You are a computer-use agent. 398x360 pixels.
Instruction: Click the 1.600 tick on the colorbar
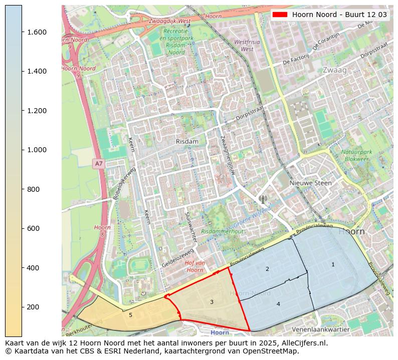pyautogui.click(x=22, y=32)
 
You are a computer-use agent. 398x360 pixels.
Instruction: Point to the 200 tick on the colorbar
pyautogui.click(x=22, y=307)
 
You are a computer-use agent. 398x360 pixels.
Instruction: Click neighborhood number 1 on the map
pyautogui.click(x=333, y=264)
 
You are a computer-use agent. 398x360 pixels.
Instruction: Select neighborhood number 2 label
pyautogui.click(x=267, y=269)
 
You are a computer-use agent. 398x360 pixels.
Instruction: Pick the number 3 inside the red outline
pyautogui.click(x=212, y=302)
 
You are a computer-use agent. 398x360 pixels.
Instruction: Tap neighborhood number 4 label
pyautogui.click(x=278, y=304)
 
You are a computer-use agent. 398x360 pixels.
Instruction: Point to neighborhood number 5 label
pyautogui.click(x=130, y=315)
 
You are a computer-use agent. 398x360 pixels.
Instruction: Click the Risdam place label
pyautogui.click(x=187, y=142)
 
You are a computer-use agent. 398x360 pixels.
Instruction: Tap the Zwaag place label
pyautogui.click(x=335, y=70)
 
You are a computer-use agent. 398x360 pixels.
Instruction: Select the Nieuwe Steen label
pyautogui.click(x=310, y=183)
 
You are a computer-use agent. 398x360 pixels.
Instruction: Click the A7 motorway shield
pyautogui.click(x=99, y=164)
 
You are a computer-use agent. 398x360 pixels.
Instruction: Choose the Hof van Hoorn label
pyautogui.click(x=195, y=266)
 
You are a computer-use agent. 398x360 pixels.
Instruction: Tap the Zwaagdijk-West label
pyautogui.click(x=169, y=21)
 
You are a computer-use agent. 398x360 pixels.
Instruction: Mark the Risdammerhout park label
pyautogui.click(x=222, y=231)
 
